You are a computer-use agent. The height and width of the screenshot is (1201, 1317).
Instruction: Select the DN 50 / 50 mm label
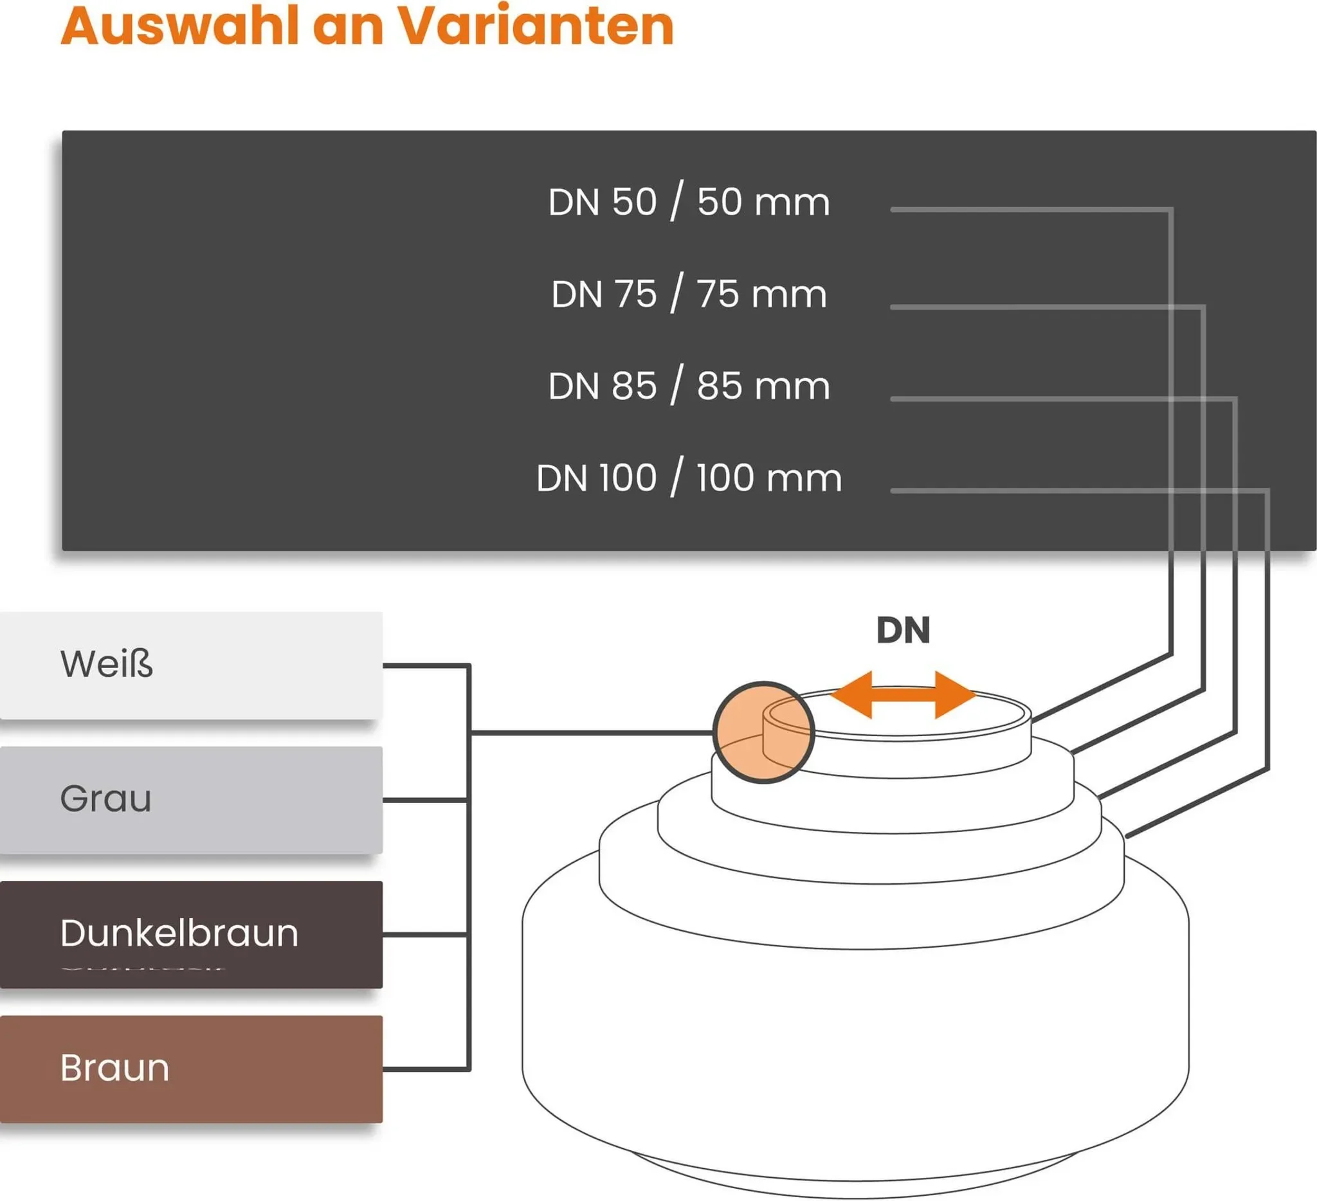pos(689,202)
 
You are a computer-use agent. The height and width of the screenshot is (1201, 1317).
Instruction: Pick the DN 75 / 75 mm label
pos(689,294)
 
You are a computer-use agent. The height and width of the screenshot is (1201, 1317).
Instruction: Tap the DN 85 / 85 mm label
pos(689,386)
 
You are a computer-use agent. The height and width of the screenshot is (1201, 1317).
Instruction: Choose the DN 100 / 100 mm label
pos(689,478)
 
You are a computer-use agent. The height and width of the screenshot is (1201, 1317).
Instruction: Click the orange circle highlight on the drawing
pos(763,732)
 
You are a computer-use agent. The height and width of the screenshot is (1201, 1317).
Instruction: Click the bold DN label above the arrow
pos(903,631)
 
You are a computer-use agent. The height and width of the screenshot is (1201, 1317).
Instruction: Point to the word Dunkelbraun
pos(179,934)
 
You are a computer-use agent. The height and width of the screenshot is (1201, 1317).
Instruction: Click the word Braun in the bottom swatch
pos(115,1069)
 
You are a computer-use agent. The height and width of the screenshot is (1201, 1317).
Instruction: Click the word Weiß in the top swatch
pos(107,664)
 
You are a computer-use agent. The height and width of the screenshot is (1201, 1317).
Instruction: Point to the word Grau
pos(106,799)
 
